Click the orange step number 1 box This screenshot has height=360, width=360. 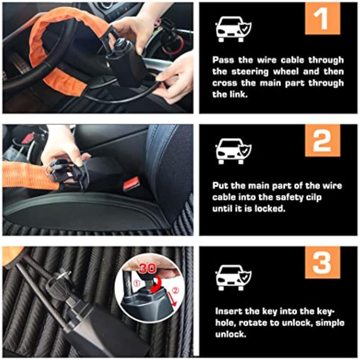pyautogui.click(x=322, y=19)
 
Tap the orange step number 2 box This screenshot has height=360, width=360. pyautogui.click(x=322, y=141)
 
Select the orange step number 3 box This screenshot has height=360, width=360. pyautogui.click(x=322, y=262)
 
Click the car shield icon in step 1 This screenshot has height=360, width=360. pyautogui.click(x=233, y=29)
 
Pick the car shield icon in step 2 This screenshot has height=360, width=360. pyautogui.click(x=233, y=151)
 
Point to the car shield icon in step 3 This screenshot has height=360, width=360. pyautogui.click(x=233, y=278)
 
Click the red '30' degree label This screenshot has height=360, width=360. pyautogui.click(x=148, y=268)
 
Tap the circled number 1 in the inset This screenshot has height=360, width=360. pyautogui.click(x=137, y=283)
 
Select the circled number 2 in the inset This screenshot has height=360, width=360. pyautogui.click(x=175, y=290)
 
